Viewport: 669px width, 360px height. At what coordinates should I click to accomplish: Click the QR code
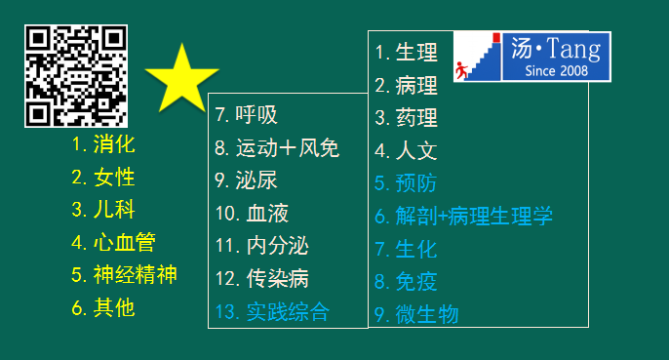[x=76, y=76]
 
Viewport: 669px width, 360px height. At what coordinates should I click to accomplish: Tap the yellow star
[x=182, y=78]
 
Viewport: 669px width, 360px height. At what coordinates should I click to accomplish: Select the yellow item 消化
[x=103, y=145]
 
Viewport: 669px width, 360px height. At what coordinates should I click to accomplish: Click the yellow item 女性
[x=103, y=178]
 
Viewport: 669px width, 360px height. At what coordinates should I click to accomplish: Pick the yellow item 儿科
[x=103, y=210]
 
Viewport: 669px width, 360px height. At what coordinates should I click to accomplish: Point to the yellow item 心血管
[x=113, y=242]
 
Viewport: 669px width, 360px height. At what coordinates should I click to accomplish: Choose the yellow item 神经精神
[x=124, y=274]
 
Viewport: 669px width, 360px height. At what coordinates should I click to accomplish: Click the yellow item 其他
[x=103, y=306]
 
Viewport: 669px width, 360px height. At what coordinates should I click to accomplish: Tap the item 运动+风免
[x=277, y=148]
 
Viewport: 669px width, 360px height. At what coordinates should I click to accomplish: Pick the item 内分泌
[x=262, y=246]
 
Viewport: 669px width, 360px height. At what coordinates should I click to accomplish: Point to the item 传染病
[x=262, y=279]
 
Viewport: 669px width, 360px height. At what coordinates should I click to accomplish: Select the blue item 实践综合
[x=272, y=312]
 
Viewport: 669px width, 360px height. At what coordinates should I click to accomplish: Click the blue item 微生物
[x=416, y=315]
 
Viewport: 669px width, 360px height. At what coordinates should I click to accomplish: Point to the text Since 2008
[x=557, y=71]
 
